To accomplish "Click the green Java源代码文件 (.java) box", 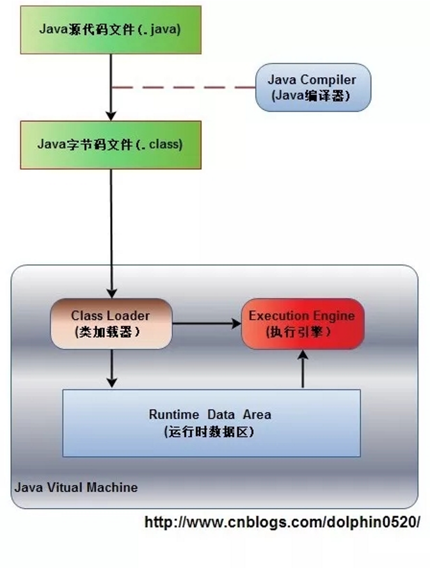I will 111,29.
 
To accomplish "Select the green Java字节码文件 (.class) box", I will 111,145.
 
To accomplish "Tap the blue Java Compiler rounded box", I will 312,88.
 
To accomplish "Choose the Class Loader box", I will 111,323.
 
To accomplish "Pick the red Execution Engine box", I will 302,323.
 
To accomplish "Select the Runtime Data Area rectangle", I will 211,422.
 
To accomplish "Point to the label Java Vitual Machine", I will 76,487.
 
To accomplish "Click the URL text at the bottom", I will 282,522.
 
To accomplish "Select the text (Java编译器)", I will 312,95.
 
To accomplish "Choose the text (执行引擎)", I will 298,332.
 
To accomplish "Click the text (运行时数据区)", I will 209,431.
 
